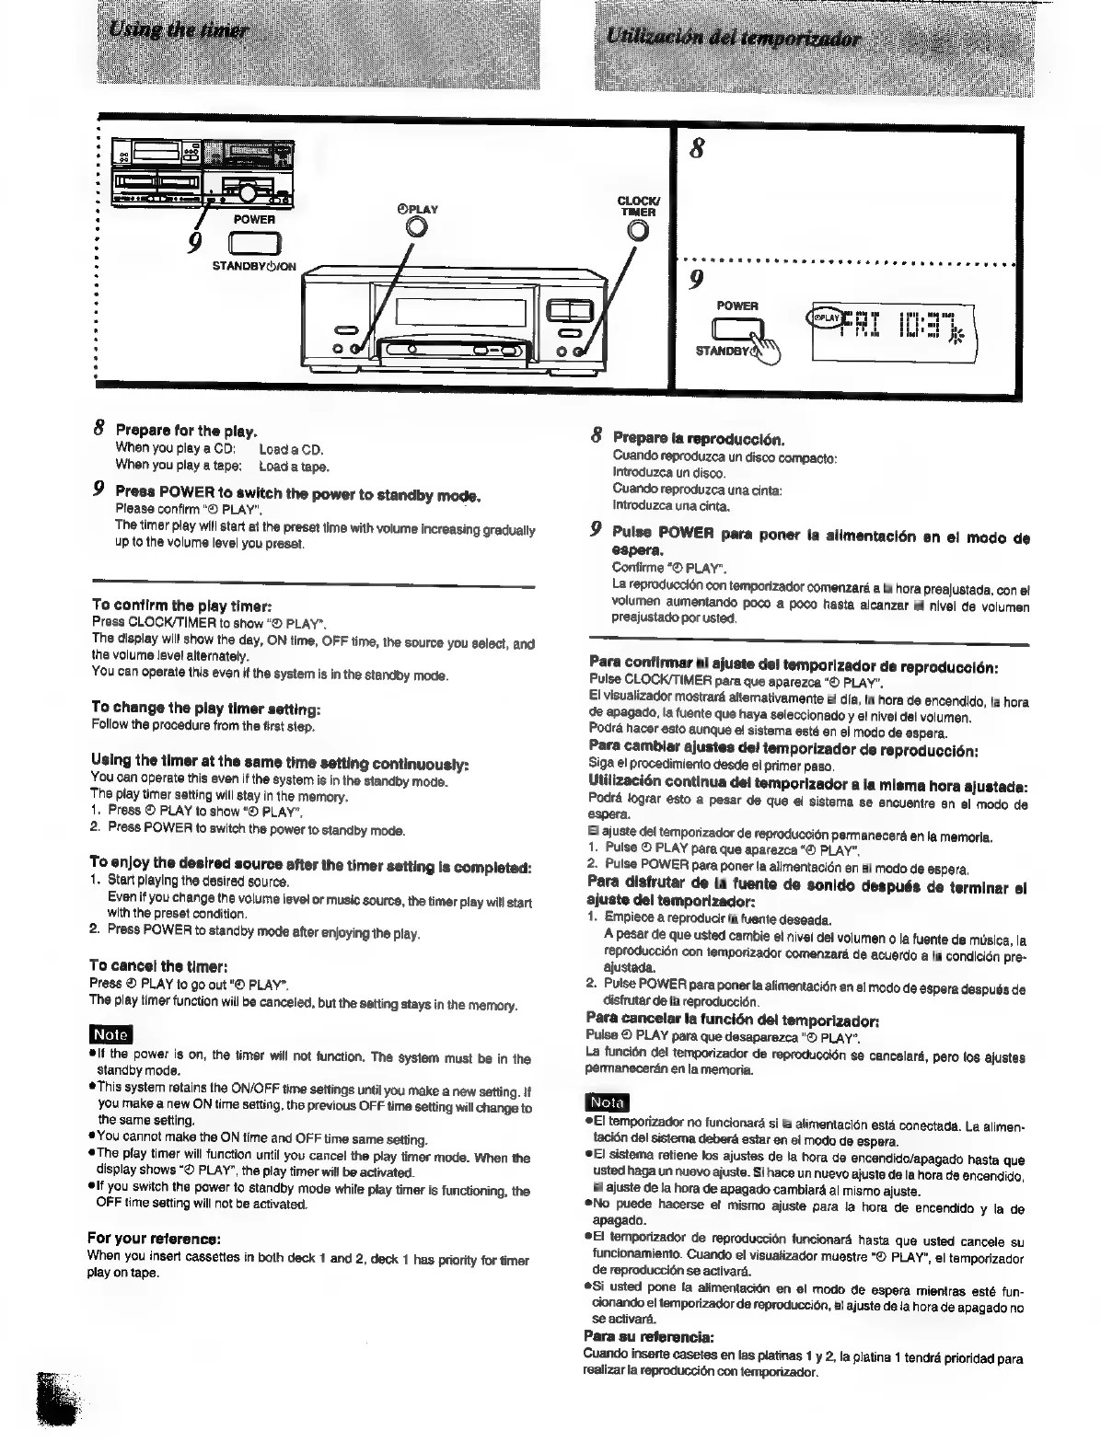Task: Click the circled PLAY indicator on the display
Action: tap(823, 317)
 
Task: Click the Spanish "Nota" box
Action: tap(607, 1102)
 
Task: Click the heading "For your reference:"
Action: tap(155, 1238)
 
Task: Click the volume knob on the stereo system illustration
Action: tap(248, 191)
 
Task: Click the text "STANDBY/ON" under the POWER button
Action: tap(254, 267)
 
